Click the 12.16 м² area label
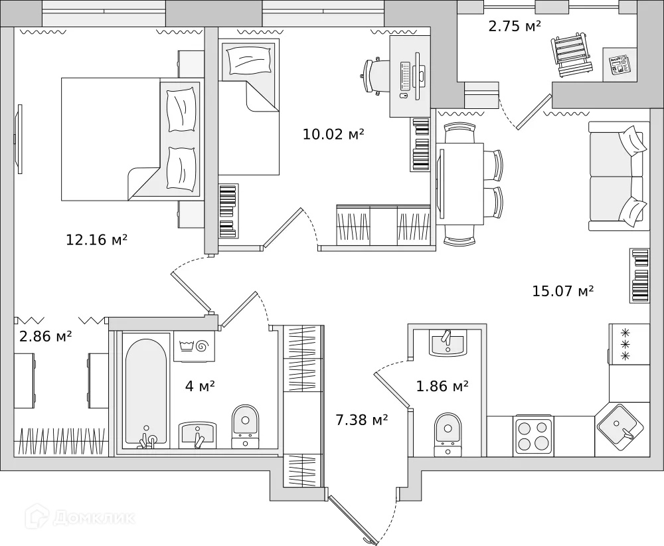pos(96,240)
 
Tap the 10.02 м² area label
pos(333,135)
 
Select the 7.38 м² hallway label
pos(362,419)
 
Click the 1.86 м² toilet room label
pos(442,385)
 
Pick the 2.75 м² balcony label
pos(515,27)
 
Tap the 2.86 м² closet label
pos(45,337)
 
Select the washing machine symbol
pos(194,346)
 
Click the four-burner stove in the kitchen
pos(534,435)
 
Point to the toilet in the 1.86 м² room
pos(448,432)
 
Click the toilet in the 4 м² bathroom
pos(245,425)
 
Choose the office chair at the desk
pos(376,75)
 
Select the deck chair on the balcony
pos(572,55)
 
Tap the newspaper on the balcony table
pos(620,64)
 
